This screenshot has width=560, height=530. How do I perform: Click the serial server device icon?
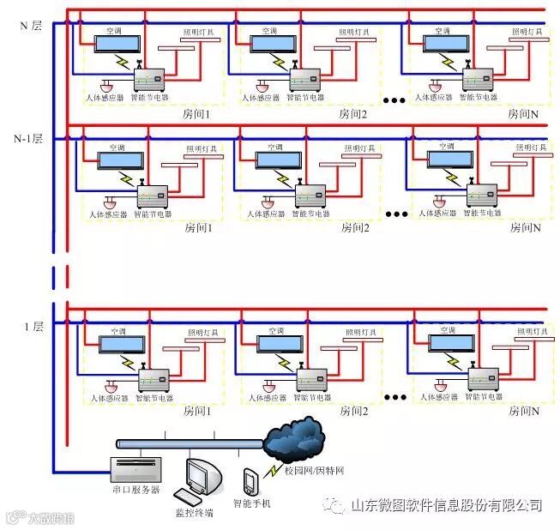tap(135, 469)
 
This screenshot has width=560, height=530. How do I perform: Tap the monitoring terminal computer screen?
tap(207, 475)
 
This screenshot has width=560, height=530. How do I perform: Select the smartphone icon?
tap(250, 482)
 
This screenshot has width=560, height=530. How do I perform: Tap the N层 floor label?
tap(31, 26)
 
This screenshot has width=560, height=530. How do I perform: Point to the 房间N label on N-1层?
tap(526, 227)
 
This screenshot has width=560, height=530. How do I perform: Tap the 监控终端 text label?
tap(194, 513)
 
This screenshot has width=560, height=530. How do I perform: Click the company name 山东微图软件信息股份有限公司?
tap(446, 505)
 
